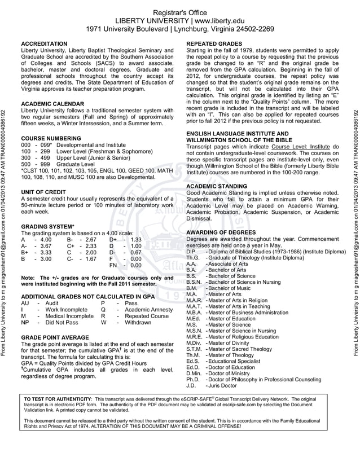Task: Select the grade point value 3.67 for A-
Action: (x=43, y=246)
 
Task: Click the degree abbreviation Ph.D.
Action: (x=193, y=379)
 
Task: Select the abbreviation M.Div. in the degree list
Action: (x=194, y=342)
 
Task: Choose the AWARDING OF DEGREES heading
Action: (x=219, y=232)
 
